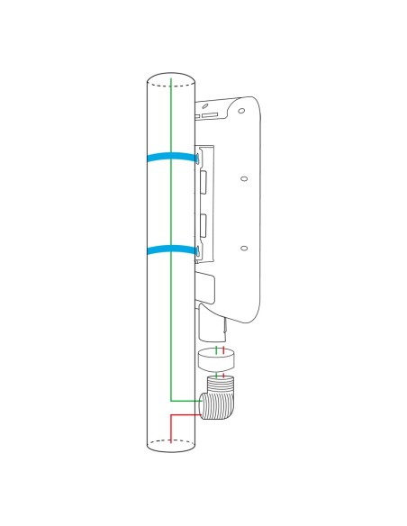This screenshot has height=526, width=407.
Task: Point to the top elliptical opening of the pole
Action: [170, 78]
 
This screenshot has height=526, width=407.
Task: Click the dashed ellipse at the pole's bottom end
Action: [170, 442]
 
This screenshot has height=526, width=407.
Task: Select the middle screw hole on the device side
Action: [243, 179]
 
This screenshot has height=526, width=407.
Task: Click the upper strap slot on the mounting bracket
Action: [197, 160]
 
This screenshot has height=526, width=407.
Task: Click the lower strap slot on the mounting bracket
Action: [197, 249]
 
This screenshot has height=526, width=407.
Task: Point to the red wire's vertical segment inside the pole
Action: [170, 429]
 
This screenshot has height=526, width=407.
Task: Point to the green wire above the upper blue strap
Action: [171, 117]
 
